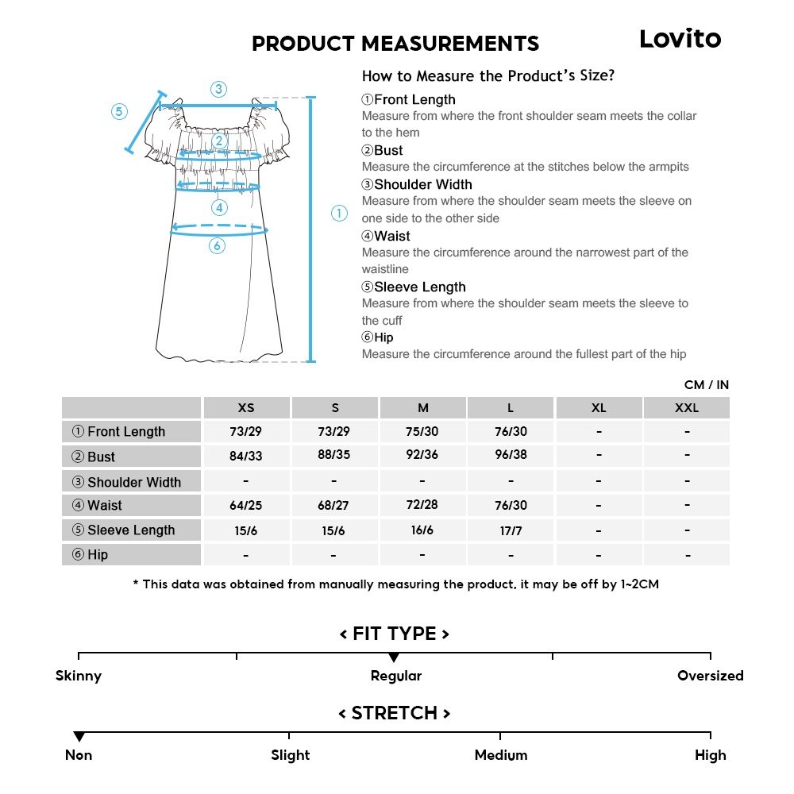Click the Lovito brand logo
pos(680,39)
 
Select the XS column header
pos(246,408)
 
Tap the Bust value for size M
pos(422,456)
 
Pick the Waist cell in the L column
pos(511,506)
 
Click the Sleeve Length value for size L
pos(511,530)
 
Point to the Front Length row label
pos(119,432)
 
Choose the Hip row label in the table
pos(90,555)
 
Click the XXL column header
pos(687,408)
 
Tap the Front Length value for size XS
pos(246,432)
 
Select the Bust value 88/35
pos(334,456)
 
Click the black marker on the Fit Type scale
pos(394,657)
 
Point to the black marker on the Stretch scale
pos(79,737)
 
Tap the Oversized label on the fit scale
pos(710,676)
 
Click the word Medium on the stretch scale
pos(500,756)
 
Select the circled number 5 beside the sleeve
pos(119,112)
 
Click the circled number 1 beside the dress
pos(339,213)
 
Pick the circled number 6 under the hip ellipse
pos(218,246)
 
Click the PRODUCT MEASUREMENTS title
pos(395,44)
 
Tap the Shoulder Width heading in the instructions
pos(417,185)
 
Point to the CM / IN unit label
pos(706,385)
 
